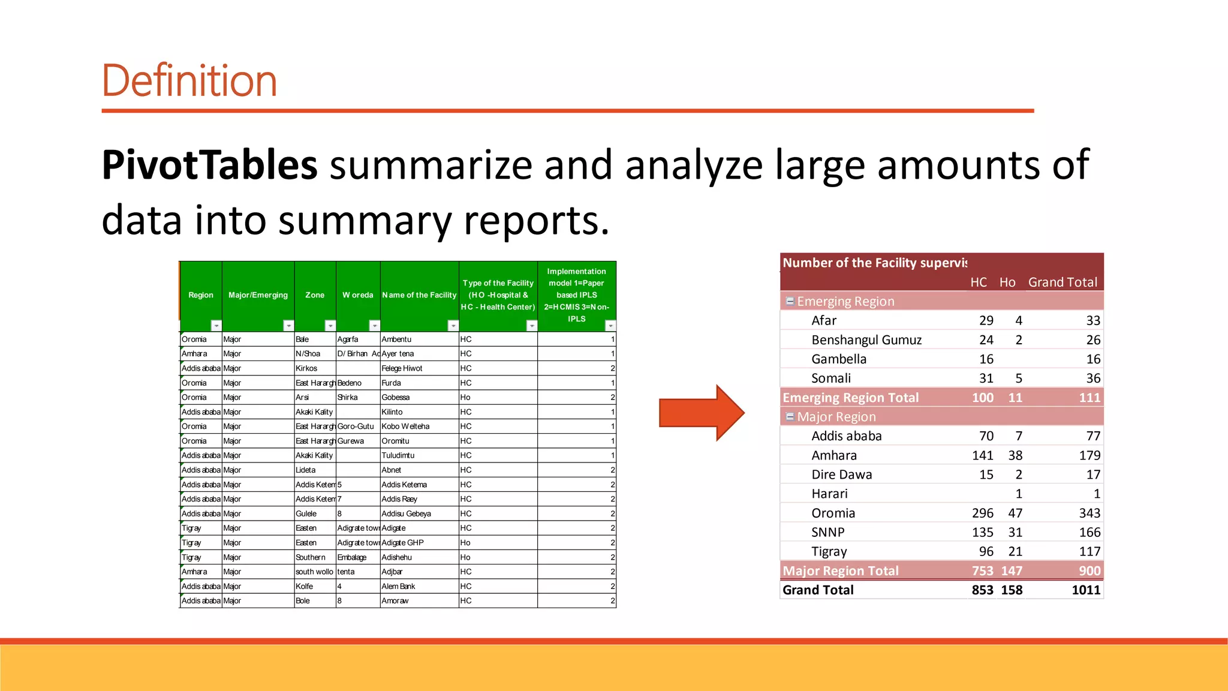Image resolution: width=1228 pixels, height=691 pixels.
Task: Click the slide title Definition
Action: [189, 80]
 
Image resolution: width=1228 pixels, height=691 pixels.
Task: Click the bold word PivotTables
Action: [209, 165]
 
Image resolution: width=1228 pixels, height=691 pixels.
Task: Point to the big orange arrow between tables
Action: [701, 413]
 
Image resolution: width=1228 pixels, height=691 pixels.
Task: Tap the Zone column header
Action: [315, 295]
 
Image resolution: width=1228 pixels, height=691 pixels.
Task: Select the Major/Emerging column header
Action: [258, 295]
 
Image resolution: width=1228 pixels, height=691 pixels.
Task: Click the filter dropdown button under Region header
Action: [216, 326]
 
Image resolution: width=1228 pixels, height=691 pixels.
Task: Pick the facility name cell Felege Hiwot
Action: [402, 368]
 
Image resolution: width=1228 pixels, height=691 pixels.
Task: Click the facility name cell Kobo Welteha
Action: [405, 426]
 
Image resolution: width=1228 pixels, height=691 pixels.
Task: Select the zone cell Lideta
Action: [306, 470]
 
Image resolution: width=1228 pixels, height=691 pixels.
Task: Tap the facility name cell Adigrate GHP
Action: [402, 543]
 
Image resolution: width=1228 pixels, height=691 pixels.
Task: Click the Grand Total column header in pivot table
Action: [1063, 283]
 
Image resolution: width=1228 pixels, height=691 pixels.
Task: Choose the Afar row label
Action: [824, 321]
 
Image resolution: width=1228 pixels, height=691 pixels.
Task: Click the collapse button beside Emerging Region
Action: [790, 301]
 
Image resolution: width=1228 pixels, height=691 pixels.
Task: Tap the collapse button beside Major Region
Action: [790, 416]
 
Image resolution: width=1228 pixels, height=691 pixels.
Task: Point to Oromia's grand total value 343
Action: [1089, 513]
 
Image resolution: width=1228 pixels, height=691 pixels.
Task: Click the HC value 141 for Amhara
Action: [982, 456]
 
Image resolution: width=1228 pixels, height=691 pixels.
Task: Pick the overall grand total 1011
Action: [1086, 590]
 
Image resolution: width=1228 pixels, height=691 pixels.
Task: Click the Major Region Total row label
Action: [841, 571]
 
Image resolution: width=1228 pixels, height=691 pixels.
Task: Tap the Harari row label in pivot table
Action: [829, 494]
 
